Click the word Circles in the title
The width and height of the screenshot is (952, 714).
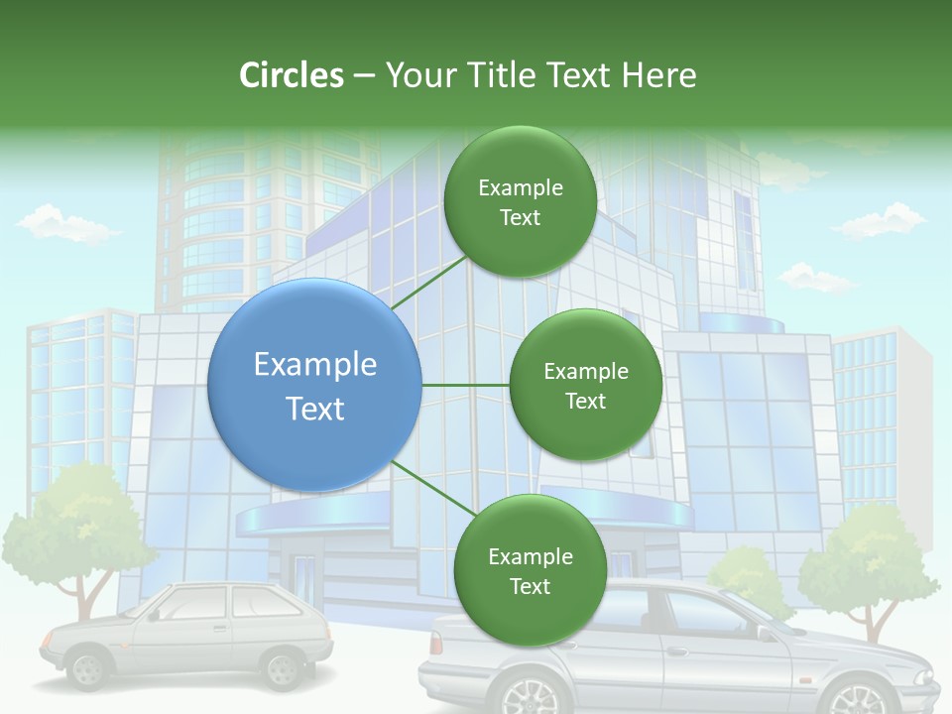[x=292, y=75]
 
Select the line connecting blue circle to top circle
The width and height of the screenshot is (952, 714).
[x=428, y=282]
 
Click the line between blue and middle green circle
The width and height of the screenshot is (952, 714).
[x=465, y=385]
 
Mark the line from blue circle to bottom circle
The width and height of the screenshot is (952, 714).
[x=433, y=487]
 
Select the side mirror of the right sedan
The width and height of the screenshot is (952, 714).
[x=765, y=632]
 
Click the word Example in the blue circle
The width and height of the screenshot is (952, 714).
[x=315, y=365]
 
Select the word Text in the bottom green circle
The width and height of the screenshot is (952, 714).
[x=530, y=587]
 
